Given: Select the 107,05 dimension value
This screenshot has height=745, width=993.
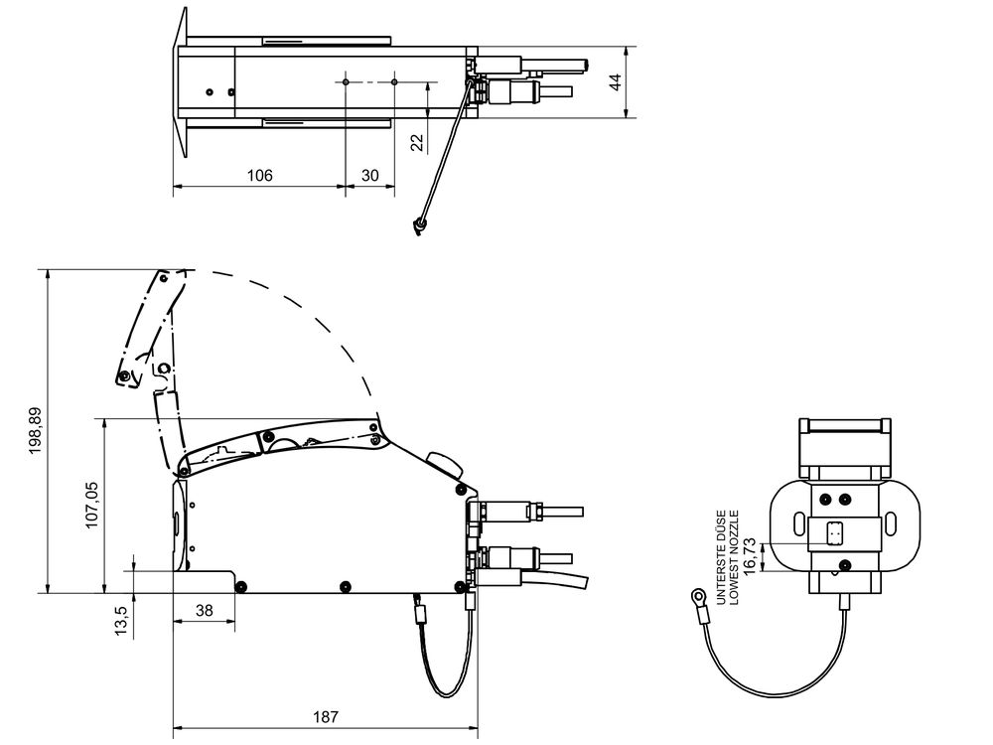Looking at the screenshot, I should click(x=92, y=505).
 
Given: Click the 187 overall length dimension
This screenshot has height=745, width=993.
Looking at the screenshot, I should click(x=325, y=715).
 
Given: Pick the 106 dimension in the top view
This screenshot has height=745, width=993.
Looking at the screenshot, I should click(x=259, y=175).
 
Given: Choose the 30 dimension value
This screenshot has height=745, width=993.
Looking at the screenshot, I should click(x=369, y=175).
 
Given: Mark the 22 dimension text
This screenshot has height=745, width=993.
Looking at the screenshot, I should click(x=417, y=143).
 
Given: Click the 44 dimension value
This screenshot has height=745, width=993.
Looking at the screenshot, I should click(x=616, y=82).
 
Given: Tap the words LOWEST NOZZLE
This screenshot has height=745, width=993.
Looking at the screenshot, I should click(x=734, y=556).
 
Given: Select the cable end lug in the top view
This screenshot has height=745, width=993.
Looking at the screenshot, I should click(x=421, y=227).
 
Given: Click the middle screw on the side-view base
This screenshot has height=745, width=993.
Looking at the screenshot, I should click(x=345, y=585).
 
